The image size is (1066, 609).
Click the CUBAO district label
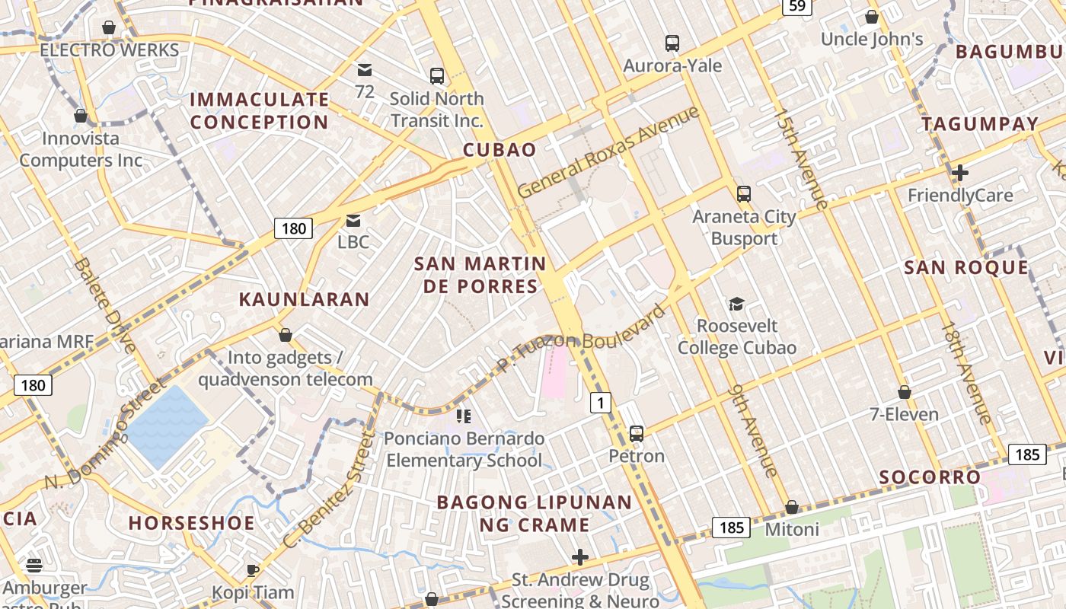point(500,149)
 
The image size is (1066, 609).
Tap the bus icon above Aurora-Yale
point(672,43)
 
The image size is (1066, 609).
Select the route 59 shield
point(796,7)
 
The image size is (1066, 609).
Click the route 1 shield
point(601,402)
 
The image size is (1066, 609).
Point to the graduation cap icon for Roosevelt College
point(736,304)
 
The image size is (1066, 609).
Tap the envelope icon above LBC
point(353,221)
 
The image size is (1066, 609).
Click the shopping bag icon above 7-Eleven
point(905,392)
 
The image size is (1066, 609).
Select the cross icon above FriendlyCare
point(960,173)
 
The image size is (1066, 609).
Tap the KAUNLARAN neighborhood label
point(305,299)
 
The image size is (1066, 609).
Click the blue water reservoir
point(165,426)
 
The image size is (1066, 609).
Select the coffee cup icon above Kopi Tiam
point(253,570)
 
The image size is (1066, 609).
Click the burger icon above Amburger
point(34,566)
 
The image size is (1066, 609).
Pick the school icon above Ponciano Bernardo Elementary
point(464,416)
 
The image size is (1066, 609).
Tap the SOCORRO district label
point(930,477)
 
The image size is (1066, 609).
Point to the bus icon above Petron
point(637,434)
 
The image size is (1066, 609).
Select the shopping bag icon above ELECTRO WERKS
point(109,28)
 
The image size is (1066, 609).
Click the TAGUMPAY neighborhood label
point(980,124)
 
